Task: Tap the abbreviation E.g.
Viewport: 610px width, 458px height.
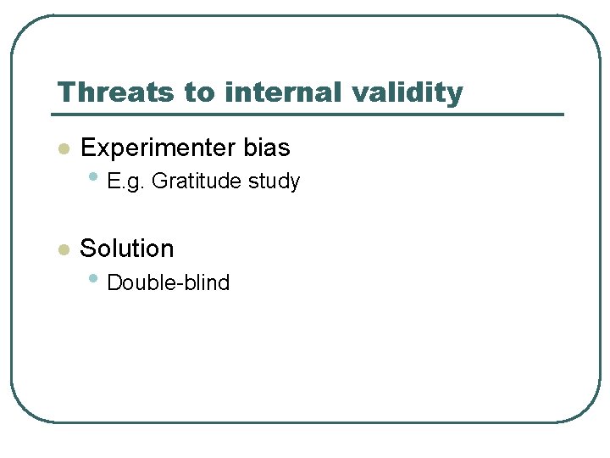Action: coord(126,182)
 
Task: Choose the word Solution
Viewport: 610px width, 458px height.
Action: coord(126,249)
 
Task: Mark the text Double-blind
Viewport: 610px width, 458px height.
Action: coord(169,283)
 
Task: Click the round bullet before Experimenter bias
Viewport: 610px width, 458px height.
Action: coord(62,149)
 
